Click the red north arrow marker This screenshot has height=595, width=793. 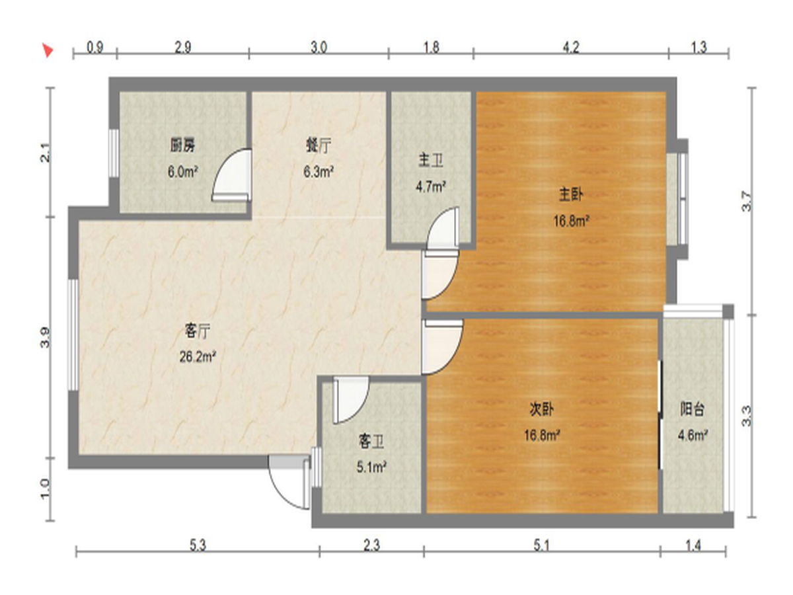(x=48, y=50)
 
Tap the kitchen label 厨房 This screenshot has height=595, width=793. (x=183, y=145)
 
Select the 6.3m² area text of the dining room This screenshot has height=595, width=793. (x=319, y=172)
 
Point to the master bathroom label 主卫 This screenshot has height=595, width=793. (x=431, y=160)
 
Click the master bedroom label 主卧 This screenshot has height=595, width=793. (x=571, y=194)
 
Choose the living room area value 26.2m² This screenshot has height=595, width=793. (x=198, y=357)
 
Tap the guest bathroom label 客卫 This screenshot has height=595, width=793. (x=371, y=442)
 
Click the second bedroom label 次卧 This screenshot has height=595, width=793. (x=541, y=409)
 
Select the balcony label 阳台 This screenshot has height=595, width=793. (x=692, y=409)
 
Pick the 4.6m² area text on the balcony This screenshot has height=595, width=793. (x=693, y=436)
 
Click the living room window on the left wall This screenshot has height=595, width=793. (x=73, y=334)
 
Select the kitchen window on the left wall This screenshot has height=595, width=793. (x=114, y=153)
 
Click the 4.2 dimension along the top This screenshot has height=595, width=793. (x=571, y=48)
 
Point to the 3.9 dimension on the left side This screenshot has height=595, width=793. (x=45, y=337)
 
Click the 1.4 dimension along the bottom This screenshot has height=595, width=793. (x=693, y=545)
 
